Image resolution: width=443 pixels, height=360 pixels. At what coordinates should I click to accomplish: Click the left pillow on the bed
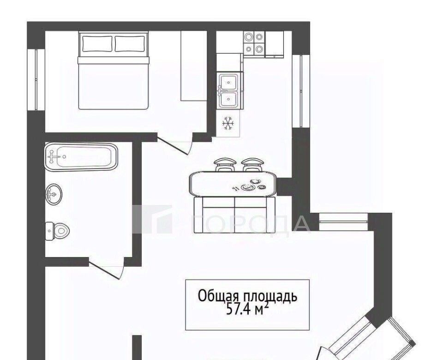point(97,43)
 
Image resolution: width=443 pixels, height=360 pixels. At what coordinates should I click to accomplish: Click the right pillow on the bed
point(130,43)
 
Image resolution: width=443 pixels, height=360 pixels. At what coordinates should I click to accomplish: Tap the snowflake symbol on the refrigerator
point(228,124)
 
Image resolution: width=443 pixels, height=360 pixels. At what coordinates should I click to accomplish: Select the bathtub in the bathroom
point(80,157)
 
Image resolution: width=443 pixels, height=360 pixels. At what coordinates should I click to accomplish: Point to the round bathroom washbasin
point(54,194)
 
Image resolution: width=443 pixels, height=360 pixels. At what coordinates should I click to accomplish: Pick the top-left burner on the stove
point(249,37)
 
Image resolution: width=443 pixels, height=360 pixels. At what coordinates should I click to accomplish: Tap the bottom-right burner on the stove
point(259,49)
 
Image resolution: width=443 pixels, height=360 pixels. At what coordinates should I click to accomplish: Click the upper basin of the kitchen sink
point(228,82)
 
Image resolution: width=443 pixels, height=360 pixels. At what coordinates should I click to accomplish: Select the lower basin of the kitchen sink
point(228,99)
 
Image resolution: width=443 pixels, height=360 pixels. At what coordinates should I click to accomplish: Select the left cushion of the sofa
point(218,215)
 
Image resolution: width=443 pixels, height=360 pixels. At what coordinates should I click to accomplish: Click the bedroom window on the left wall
point(36,80)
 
